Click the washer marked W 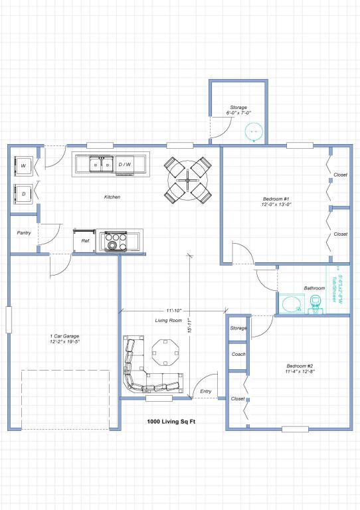click(24, 165)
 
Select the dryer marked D click(24, 193)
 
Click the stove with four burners click(114, 242)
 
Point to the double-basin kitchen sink click(101, 164)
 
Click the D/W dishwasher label click(125, 164)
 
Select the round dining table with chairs click(188, 179)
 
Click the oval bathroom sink click(292, 305)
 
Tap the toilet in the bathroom click(315, 305)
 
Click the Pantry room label click(24, 233)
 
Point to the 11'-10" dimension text click(173, 310)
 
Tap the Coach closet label click(238, 354)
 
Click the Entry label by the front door click(205, 391)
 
